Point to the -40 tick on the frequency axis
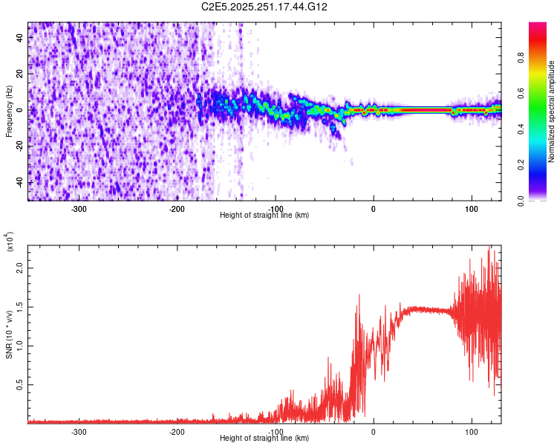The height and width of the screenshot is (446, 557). point(21,182)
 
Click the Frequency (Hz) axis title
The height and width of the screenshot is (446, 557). point(9,111)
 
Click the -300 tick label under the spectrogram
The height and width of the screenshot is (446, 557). point(79,209)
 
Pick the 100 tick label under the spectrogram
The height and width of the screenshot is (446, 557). point(471,209)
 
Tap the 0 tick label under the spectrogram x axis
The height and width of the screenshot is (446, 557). point(374,209)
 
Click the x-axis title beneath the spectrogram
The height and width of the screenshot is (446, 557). point(264,216)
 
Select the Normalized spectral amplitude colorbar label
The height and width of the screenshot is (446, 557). point(552,111)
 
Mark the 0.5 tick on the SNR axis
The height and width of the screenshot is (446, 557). point(21,384)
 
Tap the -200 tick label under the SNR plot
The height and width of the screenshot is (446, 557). point(177,432)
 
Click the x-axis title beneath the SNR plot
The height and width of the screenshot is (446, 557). point(264,439)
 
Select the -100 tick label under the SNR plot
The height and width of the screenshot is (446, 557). point(275,432)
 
